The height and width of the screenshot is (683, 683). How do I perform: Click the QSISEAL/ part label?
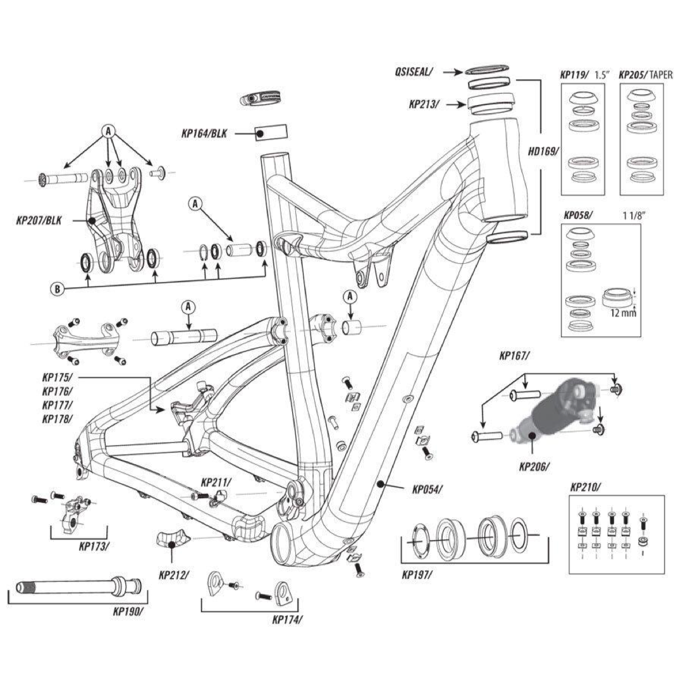tap(412, 72)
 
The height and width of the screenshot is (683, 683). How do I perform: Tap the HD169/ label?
tap(543, 152)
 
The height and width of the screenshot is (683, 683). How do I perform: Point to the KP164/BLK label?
tap(204, 133)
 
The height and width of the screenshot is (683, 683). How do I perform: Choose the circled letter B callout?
tap(56, 290)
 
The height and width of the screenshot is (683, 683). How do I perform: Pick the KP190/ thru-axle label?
tap(127, 612)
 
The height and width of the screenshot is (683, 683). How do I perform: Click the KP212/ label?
tap(172, 576)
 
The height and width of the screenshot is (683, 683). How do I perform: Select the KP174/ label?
tap(287, 620)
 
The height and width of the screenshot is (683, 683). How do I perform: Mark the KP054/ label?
tap(428, 489)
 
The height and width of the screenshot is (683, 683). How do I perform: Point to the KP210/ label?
tap(585, 487)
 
